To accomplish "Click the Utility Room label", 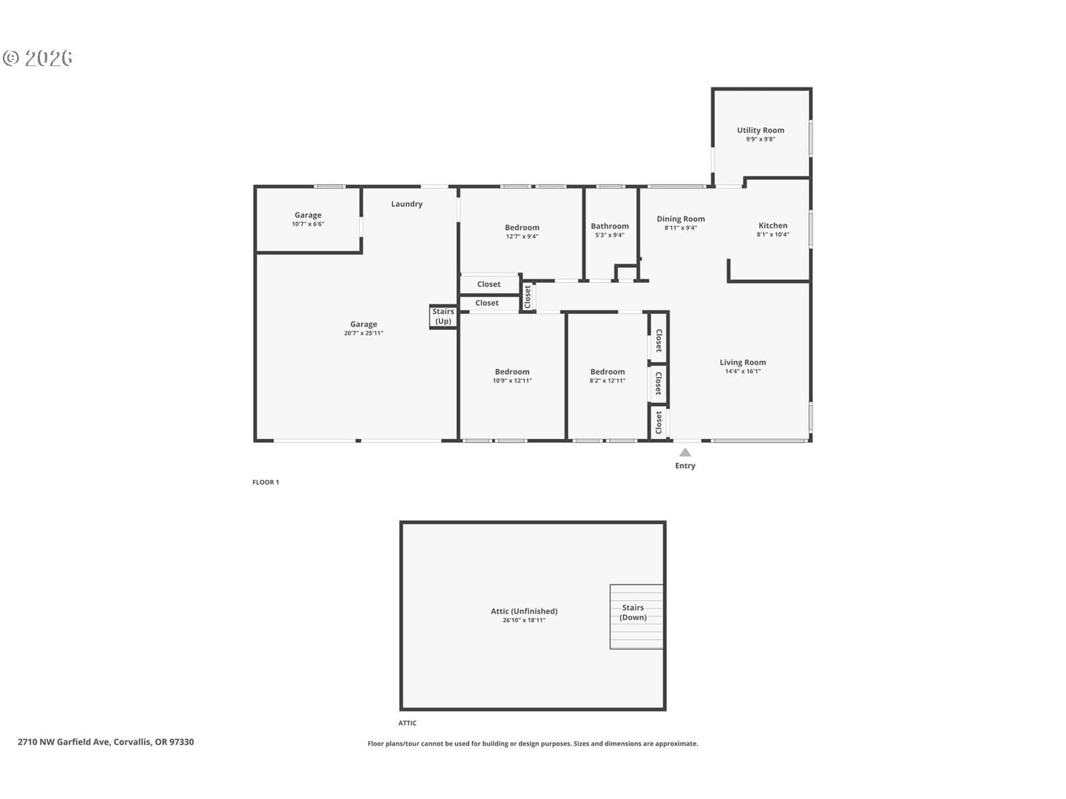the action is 760,130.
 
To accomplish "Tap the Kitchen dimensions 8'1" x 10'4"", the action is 773,234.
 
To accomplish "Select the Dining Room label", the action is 680,219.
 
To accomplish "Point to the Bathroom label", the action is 610,226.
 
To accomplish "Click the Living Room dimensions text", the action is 743,371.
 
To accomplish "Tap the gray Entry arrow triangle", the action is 685,453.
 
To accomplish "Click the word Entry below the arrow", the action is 685,465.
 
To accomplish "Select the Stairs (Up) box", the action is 443,317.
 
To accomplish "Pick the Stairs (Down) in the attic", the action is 636,617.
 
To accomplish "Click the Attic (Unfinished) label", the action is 524,611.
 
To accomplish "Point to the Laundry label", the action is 406,204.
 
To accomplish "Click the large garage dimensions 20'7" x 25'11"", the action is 363,333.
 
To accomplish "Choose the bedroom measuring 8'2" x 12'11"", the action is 608,376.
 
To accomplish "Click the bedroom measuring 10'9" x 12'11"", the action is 512,376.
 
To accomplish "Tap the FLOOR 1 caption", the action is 266,482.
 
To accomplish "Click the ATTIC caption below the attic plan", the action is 408,723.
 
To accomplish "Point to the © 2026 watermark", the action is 38,58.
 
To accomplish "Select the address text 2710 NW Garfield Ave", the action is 65,742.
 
